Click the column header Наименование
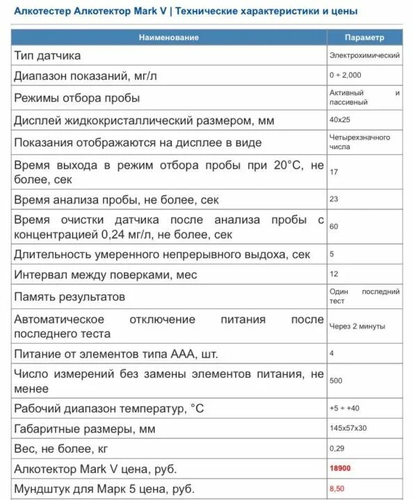coord(168,37)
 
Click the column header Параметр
coord(364,37)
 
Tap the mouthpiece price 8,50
coord(338,488)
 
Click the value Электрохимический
coord(364,55)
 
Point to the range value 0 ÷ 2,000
coord(346,75)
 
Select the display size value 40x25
coord(339,119)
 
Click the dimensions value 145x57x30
coord(348,428)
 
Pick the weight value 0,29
coord(337,448)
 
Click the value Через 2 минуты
coord(357,326)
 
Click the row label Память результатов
coord(70,297)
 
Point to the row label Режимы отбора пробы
coord(77,98)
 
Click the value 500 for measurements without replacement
coord(337,381)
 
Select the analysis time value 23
coord(334,199)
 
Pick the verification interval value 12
coord(334,274)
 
